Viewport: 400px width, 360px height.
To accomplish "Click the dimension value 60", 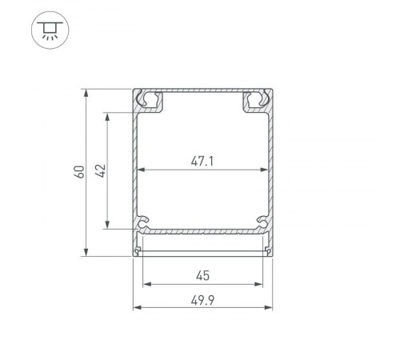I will (78, 171).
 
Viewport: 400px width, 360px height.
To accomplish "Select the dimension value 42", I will (100, 170).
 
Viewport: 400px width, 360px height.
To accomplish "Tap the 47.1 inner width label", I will (202, 161).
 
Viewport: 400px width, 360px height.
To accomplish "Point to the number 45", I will (202, 276).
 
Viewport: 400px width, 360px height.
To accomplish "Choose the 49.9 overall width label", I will (202, 301).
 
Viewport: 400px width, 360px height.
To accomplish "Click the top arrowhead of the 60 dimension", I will (86, 93).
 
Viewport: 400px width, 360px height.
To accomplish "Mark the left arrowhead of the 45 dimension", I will (146, 284).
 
